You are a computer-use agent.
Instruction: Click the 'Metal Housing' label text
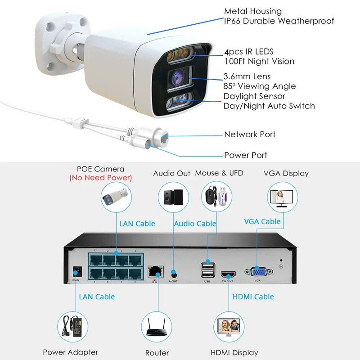[x=252, y=11]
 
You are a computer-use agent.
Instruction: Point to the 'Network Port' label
[x=249, y=134]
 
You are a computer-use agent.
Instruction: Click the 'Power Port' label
[x=245, y=155]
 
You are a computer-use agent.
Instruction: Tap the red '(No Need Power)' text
[x=100, y=178]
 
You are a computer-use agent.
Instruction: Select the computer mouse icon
[x=209, y=197]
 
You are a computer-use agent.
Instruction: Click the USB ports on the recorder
[x=207, y=270]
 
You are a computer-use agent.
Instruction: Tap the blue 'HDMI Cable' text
[x=253, y=297]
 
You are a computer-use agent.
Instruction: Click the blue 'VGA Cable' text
[x=262, y=221]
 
